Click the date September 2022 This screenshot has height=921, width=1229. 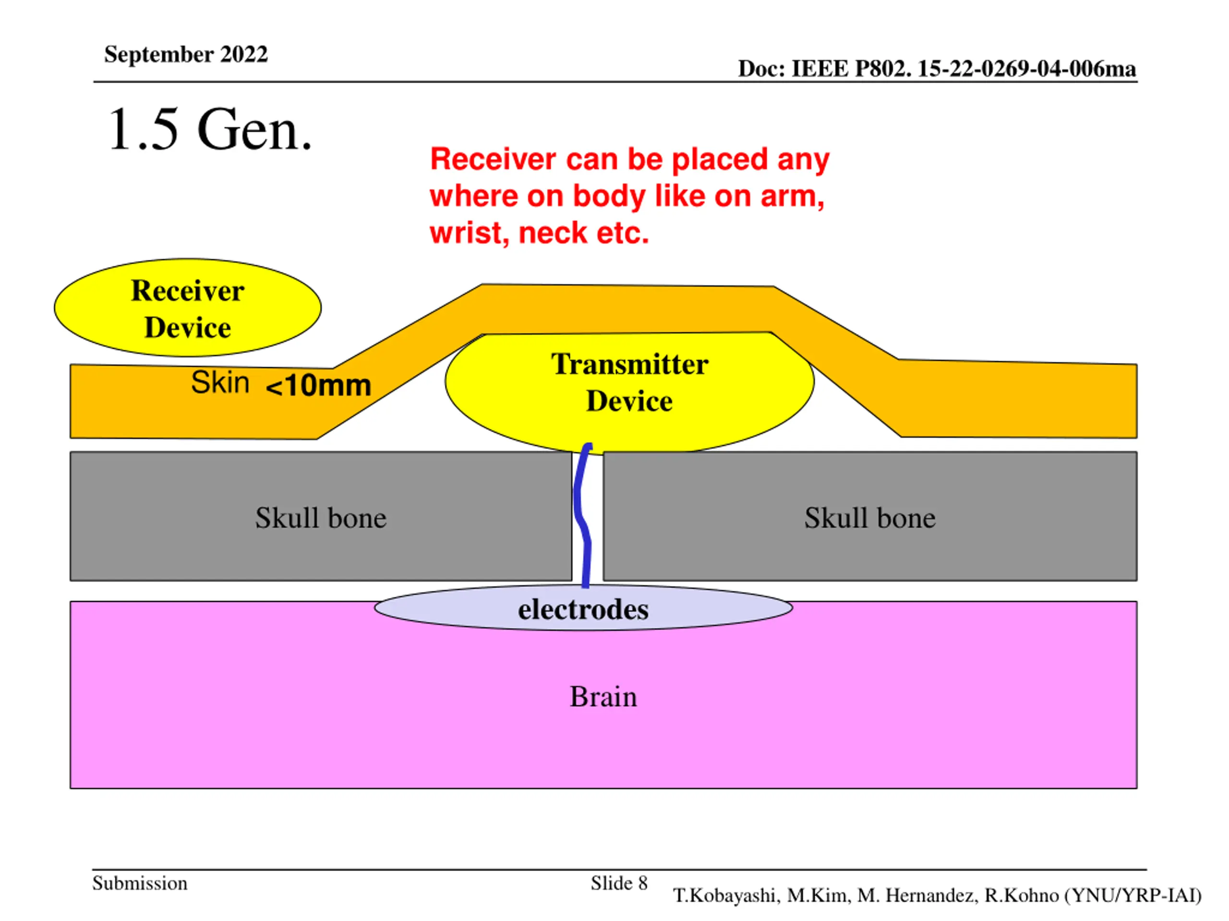click(186, 54)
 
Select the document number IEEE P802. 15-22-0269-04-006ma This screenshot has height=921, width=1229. click(964, 69)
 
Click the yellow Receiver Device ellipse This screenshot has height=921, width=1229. click(188, 307)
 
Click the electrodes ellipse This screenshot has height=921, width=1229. click(583, 608)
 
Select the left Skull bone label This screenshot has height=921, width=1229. click(321, 518)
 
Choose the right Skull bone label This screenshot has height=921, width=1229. click(870, 518)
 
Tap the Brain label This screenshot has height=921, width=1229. click(603, 697)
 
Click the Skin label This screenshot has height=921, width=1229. click(220, 382)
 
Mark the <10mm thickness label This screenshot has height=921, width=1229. click(318, 385)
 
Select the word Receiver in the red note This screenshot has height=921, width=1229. click(494, 159)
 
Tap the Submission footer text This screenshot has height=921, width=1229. click(140, 883)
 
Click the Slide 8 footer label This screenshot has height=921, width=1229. click(619, 883)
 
